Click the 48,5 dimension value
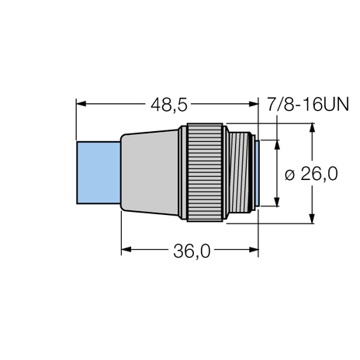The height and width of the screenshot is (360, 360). [166, 102]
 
